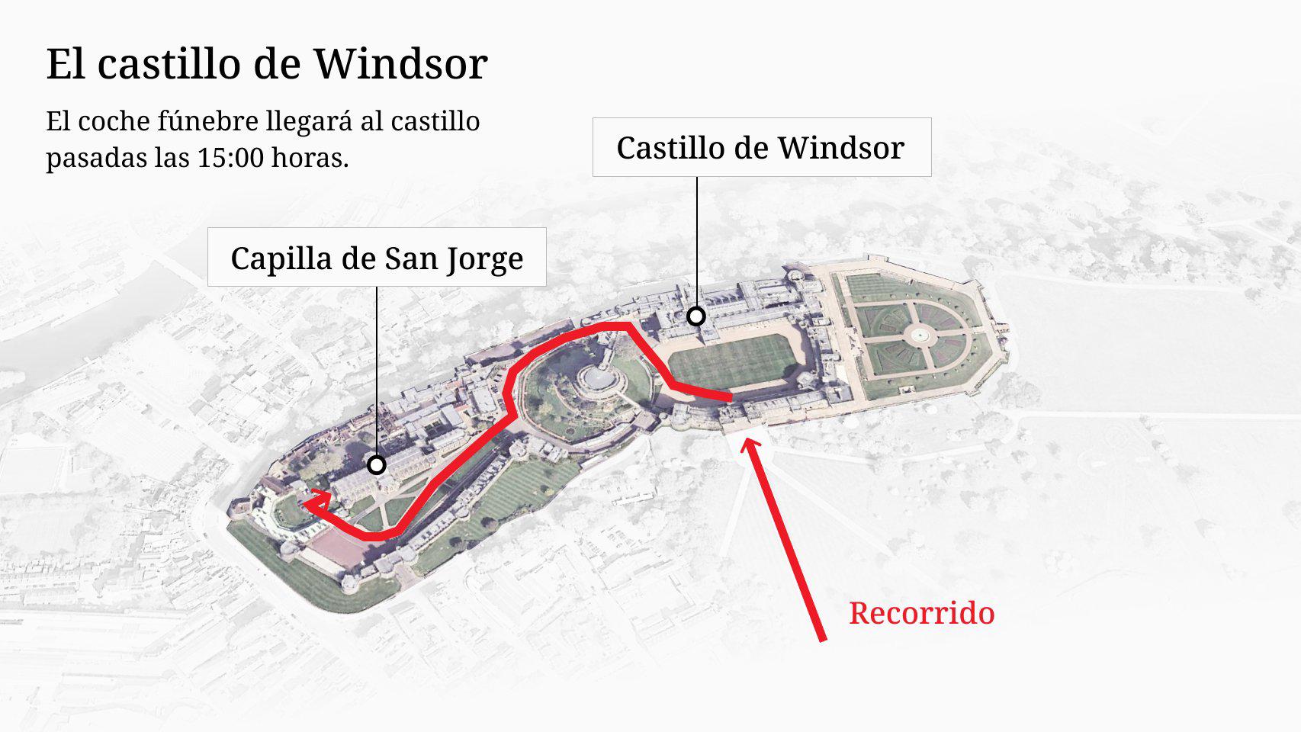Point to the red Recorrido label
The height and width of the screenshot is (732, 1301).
[921, 613]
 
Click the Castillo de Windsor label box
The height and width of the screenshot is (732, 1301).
[761, 147]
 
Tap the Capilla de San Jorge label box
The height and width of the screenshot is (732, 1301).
[377, 258]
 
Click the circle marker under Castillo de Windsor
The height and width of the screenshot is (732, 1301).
[695, 316]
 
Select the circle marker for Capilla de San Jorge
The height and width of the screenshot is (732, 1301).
[376, 464]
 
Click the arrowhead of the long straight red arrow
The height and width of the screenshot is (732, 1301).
[751, 445]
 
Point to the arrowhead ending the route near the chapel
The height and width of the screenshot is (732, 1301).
[314, 502]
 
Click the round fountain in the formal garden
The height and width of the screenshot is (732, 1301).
[920, 334]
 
